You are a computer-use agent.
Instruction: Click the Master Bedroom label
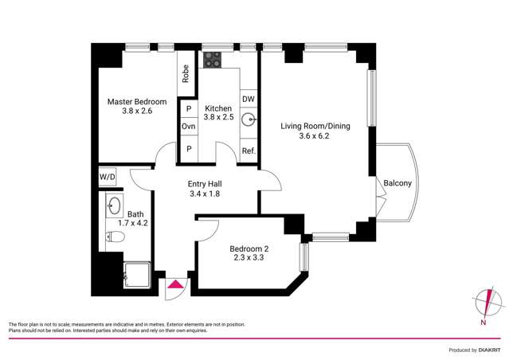pos(137,101)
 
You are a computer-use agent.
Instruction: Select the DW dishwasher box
pos(248,99)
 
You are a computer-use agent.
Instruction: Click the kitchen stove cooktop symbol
pos(213,60)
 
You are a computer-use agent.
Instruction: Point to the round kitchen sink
pos(249,121)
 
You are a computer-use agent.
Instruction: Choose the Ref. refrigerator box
pos(248,151)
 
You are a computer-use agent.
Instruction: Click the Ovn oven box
pos(189,127)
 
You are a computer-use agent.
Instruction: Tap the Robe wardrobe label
pos(186,74)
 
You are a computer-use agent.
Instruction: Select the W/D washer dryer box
pos(107,176)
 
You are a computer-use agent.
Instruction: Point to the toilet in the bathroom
pos(113,237)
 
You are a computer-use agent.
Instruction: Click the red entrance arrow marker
pos(174,283)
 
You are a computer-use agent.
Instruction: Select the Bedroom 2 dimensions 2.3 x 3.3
pos(248,257)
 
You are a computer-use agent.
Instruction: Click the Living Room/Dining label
pos(314,125)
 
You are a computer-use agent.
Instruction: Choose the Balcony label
pos(397,183)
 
